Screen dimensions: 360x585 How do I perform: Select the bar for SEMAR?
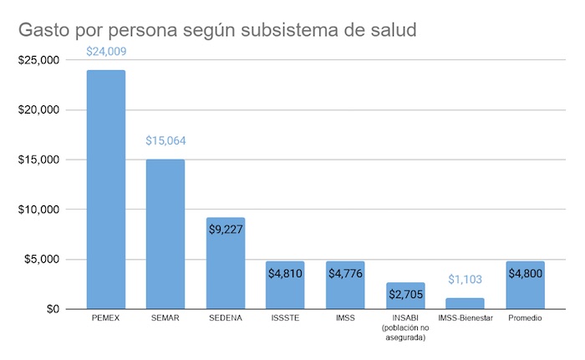[x=165, y=234]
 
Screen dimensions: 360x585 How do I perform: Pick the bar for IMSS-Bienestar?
[x=465, y=303]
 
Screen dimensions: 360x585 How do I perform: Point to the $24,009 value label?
[x=106, y=52]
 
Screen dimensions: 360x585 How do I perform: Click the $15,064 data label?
[x=165, y=140]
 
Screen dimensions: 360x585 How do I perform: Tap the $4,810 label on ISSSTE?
[x=286, y=273]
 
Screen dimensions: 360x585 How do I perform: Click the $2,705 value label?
[x=405, y=294]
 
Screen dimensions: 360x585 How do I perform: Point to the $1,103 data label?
[x=465, y=279]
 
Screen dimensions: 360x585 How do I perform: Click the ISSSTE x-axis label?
[x=286, y=319]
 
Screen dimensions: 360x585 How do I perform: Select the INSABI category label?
[x=405, y=319]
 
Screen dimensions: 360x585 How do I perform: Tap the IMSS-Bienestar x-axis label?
[x=465, y=319]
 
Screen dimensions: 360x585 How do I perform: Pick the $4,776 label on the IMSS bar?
[x=345, y=273]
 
